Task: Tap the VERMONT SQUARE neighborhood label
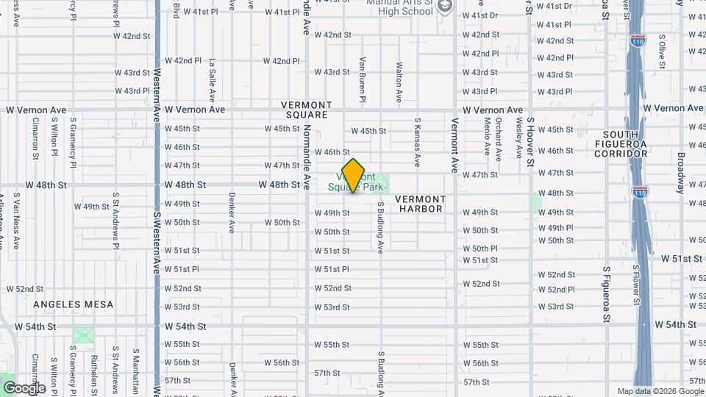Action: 307,110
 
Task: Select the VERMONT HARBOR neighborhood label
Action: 421,204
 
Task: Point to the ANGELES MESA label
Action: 73,304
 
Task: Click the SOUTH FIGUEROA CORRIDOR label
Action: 625,144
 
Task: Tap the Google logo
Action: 24,387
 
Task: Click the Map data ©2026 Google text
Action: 660,391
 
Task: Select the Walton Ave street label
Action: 399,82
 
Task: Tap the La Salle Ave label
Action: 212,80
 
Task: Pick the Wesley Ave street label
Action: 518,137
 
